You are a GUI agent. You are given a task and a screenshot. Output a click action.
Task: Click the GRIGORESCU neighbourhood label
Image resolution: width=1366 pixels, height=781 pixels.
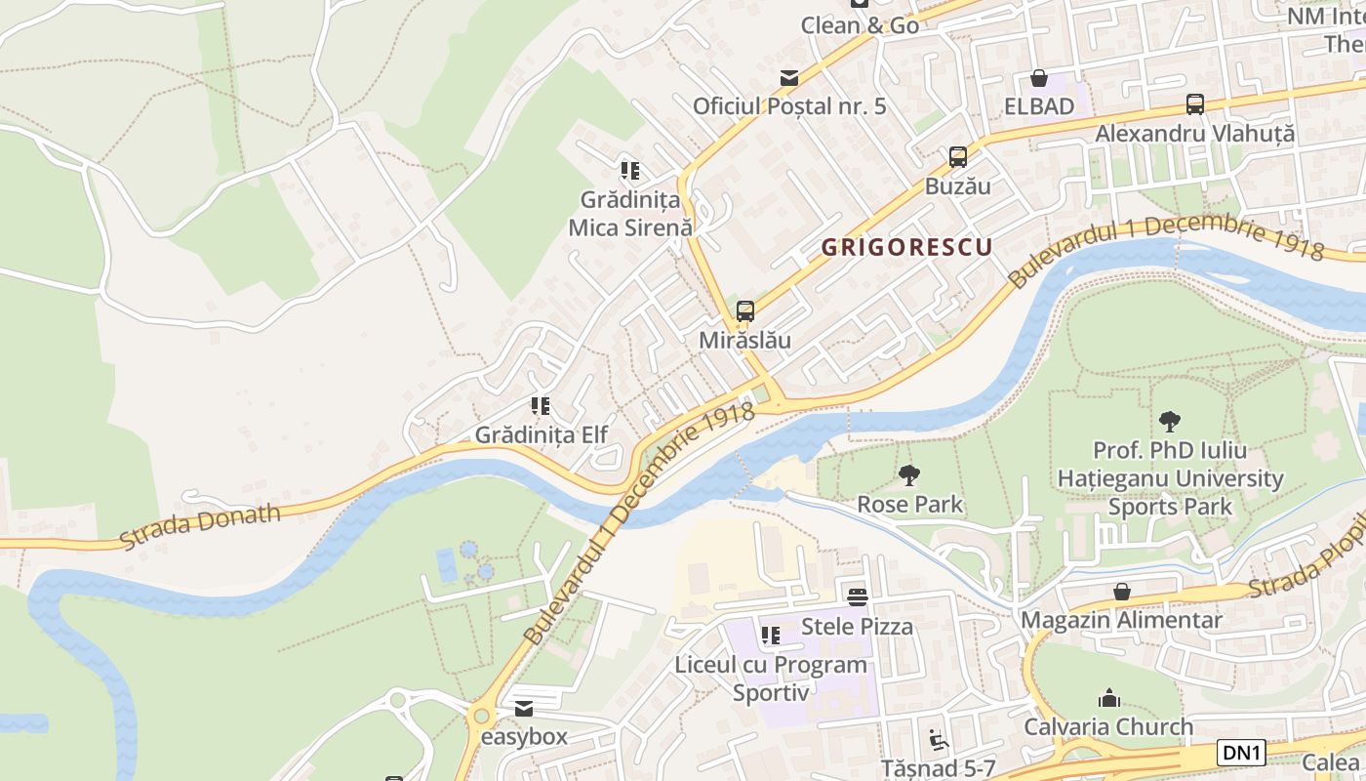[x=905, y=247]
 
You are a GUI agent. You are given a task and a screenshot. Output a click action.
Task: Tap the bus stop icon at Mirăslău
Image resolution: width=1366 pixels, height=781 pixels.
[x=745, y=311]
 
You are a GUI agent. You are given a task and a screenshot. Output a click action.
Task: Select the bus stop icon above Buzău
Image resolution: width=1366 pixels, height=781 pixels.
[x=958, y=156]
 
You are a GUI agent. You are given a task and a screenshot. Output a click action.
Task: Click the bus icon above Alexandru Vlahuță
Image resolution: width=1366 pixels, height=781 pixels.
[x=1195, y=103]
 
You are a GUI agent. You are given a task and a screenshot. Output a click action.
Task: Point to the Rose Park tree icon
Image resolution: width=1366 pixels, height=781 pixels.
[x=909, y=475]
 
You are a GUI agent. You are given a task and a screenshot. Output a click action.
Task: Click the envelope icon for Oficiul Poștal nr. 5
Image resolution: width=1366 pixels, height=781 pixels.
[x=789, y=77]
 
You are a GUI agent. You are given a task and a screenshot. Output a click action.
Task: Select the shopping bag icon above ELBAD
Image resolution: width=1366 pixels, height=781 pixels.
[x=1039, y=78]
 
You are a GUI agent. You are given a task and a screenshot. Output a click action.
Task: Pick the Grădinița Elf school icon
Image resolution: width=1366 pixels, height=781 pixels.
[x=541, y=406]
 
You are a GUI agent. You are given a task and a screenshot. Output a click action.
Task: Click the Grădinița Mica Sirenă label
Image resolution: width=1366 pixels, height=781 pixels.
[x=630, y=213]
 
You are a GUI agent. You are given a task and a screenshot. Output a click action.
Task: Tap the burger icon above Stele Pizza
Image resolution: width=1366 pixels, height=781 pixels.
[x=858, y=596]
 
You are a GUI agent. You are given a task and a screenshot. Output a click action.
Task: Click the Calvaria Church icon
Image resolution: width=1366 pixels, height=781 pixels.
[x=1108, y=698]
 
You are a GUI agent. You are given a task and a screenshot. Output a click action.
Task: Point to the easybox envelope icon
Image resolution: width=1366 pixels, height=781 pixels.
[x=524, y=709]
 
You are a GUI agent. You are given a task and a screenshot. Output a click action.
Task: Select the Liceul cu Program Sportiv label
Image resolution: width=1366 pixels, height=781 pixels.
[x=771, y=678]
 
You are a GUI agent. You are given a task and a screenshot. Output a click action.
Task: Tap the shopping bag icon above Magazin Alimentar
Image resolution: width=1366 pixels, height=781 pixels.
[x=1122, y=592]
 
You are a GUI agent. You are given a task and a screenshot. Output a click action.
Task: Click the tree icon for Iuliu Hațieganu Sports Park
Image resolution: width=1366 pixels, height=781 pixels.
[x=1170, y=422]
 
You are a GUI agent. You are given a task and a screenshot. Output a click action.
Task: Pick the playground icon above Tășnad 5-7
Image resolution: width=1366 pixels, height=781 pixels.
[x=939, y=739]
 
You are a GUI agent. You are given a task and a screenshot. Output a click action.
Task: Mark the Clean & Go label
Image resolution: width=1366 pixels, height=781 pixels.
[x=860, y=25]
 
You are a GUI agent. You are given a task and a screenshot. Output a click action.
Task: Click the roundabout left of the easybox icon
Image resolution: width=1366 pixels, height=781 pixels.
[x=479, y=716]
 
